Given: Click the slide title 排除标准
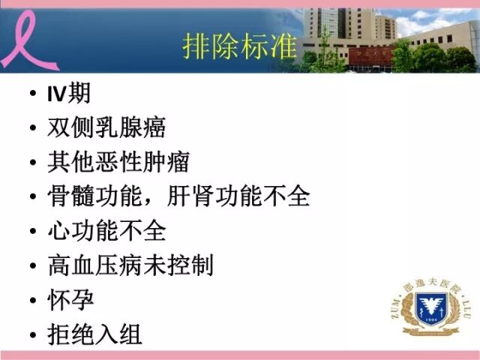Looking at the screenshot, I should pyautogui.click(x=239, y=44).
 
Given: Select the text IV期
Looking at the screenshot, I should pyautogui.click(x=68, y=94).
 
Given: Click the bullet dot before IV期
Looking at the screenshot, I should pyautogui.click(x=31, y=95).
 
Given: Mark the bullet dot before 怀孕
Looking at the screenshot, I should pyautogui.click(x=31, y=301).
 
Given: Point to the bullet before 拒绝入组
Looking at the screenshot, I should pyautogui.click(x=31, y=334).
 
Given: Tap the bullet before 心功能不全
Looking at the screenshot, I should pyautogui.click(x=31, y=232).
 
